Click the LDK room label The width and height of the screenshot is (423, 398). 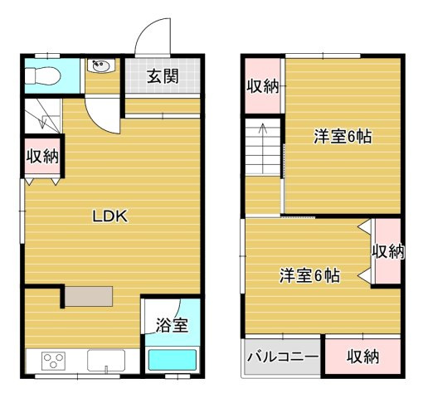(x=109, y=217)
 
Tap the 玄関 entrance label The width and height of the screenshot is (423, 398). (x=163, y=77)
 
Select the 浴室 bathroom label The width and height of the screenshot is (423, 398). (x=172, y=325)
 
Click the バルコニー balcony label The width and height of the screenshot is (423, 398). (x=282, y=357)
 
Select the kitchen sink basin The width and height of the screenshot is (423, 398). (x=106, y=361)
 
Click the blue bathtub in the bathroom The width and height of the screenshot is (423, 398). (x=172, y=360)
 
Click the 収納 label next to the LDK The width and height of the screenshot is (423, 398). (x=41, y=155)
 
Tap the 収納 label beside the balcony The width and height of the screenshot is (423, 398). (x=362, y=357)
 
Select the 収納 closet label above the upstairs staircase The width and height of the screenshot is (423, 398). (x=263, y=85)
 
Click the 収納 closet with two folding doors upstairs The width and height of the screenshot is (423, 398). (x=387, y=250)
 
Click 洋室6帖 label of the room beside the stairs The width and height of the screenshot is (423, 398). (x=341, y=137)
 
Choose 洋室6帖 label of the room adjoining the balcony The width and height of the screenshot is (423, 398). (x=309, y=275)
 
